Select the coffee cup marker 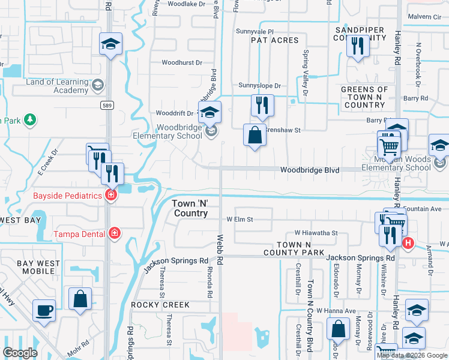(44, 310)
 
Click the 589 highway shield (106, 106)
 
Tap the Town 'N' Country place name (190, 208)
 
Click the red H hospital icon (408, 243)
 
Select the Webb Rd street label (220, 250)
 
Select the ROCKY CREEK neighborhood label (161, 305)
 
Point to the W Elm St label (241, 220)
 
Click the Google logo (20, 353)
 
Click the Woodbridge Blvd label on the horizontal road (310, 170)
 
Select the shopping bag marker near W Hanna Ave (339, 329)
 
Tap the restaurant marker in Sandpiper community (358, 46)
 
